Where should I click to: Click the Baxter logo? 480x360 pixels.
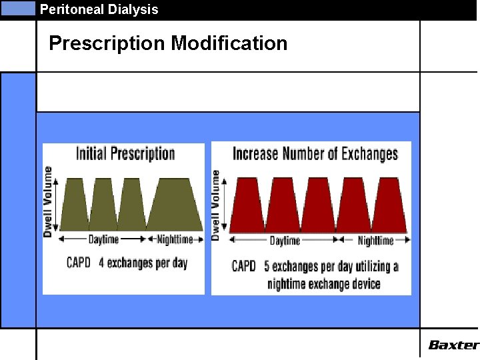point(453,345)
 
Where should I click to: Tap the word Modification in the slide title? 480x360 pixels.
point(229,43)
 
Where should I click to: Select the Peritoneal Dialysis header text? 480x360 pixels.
point(99,9)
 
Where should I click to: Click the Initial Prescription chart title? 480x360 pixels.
point(125,154)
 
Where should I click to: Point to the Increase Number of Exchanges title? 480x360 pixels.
point(315,154)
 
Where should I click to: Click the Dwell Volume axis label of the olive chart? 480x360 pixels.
point(48,201)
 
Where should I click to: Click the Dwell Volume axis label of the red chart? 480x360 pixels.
point(216,204)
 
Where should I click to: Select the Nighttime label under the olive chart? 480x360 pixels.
point(175,239)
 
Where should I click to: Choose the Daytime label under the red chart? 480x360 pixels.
point(285,241)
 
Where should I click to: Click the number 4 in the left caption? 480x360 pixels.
point(101,263)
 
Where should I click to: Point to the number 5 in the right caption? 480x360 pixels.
point(267,267)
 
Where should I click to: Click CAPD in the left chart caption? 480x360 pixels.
point(78,263)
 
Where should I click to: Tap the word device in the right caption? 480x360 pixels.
point(364,284)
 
